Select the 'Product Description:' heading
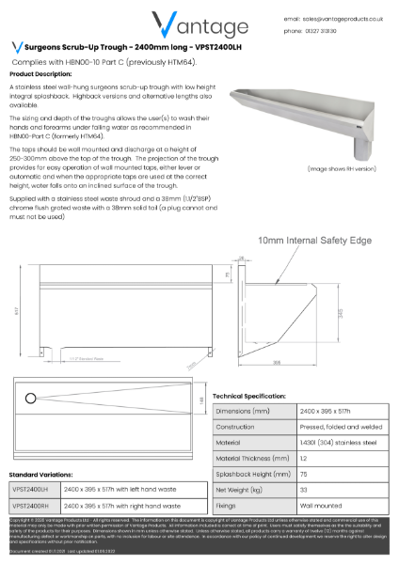[40, 73]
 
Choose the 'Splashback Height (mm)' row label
[248, 475]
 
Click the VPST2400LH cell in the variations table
[32, 490]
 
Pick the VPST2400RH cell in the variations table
[32, 506]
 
